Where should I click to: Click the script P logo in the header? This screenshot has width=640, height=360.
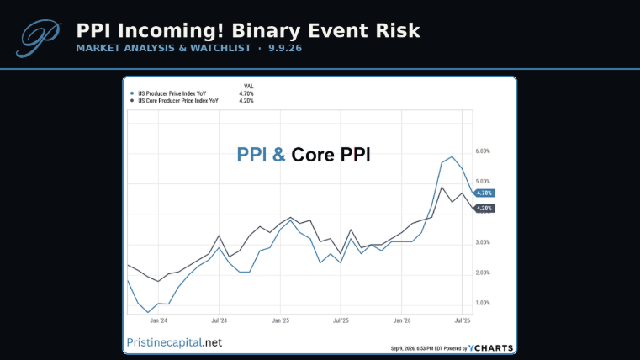coord(39,38)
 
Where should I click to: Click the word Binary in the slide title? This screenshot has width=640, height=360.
coord(267,31)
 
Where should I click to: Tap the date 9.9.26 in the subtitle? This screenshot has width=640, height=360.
coord(285,48)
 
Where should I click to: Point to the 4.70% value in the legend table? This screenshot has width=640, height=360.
coord(246,93)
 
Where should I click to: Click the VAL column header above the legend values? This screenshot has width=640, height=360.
coord(249,86)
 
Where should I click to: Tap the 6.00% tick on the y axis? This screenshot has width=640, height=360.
coord(483,151)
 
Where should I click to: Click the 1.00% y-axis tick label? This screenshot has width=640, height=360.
coord(483,303)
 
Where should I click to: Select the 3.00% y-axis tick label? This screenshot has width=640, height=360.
coord(483,242)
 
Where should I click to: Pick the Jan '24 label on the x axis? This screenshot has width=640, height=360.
coord(158,320)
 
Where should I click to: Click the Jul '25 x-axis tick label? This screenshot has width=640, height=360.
coord(341,320)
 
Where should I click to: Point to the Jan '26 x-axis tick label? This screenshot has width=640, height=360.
coord(402,320)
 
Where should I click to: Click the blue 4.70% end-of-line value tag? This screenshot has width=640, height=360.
coord(484,193)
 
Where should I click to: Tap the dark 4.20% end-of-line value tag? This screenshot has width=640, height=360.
coord(484,209)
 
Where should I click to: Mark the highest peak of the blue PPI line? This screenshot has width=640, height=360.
coord(452,156)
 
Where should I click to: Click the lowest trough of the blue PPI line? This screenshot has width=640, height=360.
coord(148,312)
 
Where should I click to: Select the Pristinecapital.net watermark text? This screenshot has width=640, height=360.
coord(174,342)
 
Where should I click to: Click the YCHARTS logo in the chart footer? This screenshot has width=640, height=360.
coord(490,348)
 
